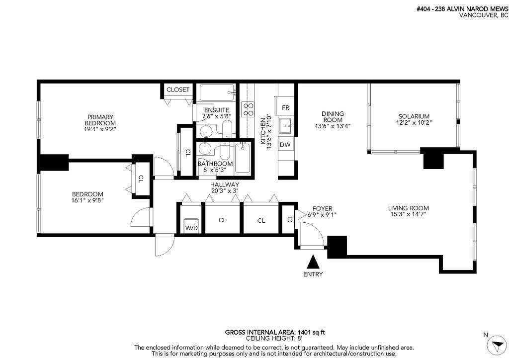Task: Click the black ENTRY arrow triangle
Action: (x=313, y=262)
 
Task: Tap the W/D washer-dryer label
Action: (x=191, y=228)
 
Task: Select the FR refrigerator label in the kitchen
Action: (x=285, y=108)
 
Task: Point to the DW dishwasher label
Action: (x=285, y=145)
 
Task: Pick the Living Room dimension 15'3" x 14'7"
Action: (x=409, y=214)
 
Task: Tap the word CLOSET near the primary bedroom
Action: (x=177, y=90)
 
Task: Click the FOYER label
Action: (x=322, y=208)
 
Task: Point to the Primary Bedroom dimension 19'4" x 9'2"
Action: (x=100, y=129)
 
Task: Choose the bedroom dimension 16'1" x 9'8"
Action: (x=87, y=200)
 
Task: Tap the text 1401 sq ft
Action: (x=312, y=332)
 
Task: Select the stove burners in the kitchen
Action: (x=247, y=109)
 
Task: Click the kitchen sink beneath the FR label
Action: (x=286, y=125)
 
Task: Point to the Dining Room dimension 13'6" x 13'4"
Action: (x=333, y=126)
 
